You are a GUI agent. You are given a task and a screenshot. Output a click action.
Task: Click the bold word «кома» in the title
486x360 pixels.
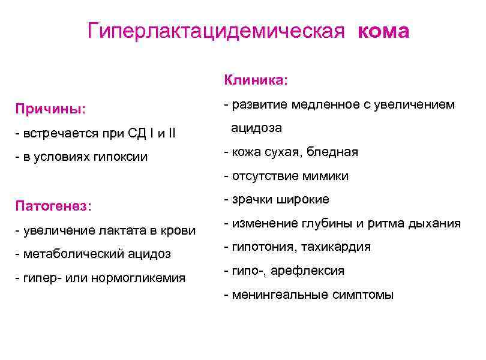coord(383,31)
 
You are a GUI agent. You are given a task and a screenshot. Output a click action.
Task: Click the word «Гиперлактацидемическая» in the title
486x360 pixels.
coord(216,31)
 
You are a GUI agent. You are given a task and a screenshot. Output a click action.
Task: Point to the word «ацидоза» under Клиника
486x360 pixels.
coord(257,128)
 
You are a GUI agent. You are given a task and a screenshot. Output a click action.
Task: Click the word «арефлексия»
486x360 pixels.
coord(308,271)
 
